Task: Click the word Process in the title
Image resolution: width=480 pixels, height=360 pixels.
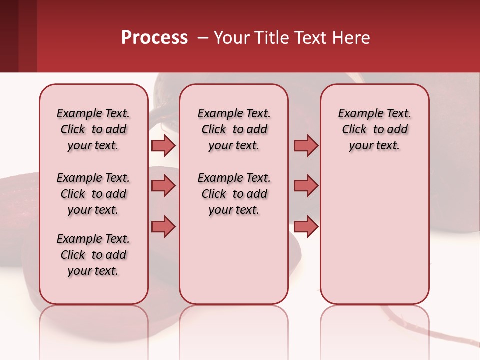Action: (x=154, y=38)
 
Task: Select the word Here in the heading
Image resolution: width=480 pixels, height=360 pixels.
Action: (x=350, y=38)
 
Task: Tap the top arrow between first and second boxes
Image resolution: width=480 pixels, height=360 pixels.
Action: (x=163, y=145)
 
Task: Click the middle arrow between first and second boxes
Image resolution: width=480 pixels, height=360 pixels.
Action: (x=163, y=186)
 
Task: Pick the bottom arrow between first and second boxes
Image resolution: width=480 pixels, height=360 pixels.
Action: (x=163, y=226)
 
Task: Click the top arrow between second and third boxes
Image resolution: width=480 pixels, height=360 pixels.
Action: (x=306, y=145)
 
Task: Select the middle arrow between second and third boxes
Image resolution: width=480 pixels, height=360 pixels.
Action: (x=306, y=186)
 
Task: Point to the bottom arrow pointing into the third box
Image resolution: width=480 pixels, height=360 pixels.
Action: (x=306, y=226)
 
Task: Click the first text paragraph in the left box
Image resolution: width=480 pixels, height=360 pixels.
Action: (x=93, y=129)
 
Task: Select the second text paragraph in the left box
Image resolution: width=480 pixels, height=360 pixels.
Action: (x=93, y=194)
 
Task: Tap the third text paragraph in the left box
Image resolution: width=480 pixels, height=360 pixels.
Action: (x=93, y=255)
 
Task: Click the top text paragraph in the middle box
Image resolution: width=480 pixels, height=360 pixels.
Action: (x=234, y=129)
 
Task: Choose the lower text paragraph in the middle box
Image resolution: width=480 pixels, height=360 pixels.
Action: (x=234, y=194)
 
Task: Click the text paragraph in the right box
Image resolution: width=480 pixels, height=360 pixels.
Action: (x=374, y=129)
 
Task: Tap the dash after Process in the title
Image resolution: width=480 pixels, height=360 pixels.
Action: (x=203, y=38)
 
